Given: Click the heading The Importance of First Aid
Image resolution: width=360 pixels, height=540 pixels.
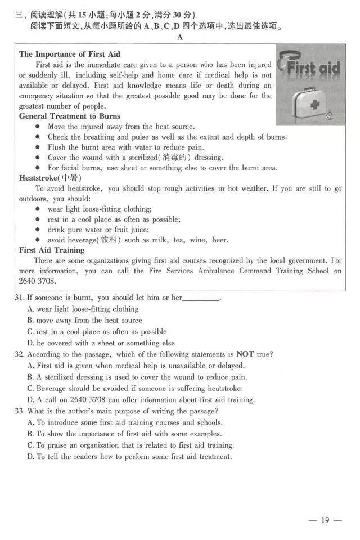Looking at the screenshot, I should (x=70, y=55).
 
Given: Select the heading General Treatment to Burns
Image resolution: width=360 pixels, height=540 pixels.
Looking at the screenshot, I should (x=70, y=116).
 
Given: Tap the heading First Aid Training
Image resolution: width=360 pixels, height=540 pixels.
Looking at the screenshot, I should (x=52, y=250).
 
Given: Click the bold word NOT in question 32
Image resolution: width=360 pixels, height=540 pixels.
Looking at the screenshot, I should (x=245, y=354).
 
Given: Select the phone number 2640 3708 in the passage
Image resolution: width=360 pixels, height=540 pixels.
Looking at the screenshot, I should (x=37, y=281).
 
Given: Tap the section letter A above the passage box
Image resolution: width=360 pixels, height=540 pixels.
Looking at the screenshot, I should (x=179, y=37).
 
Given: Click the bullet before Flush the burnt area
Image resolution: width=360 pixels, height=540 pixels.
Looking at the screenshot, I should (x=38, y=147).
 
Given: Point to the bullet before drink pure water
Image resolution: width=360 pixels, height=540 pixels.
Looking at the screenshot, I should (x=38, y=229).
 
